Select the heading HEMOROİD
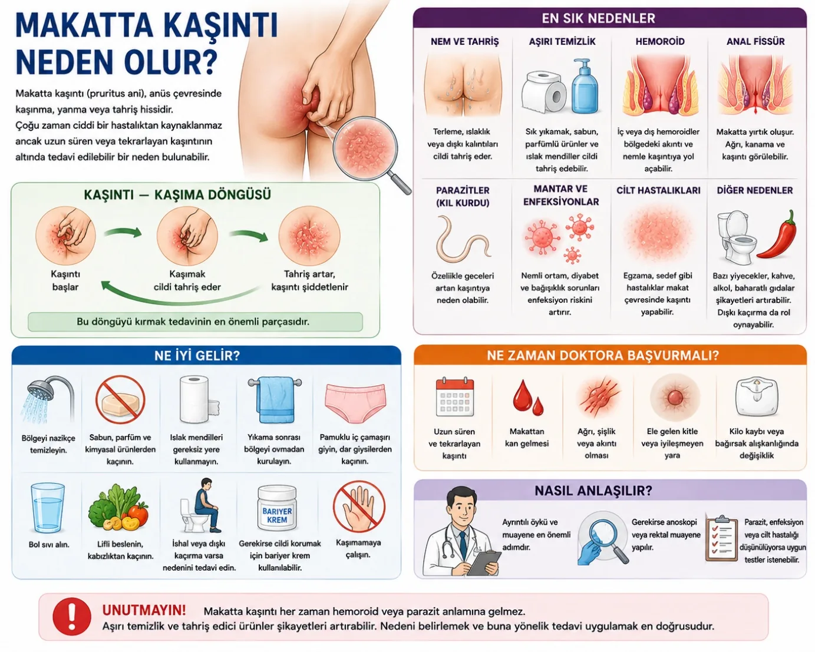pos(660,41)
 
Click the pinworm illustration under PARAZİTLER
pos(463,239)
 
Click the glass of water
pos(47,508)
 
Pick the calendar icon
pos(454,397)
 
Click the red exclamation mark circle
pos(71,617)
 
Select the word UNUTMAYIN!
pos(144,610)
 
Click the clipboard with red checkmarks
pos(722,538)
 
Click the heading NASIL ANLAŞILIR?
pos(593,491)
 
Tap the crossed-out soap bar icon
pos(120,400)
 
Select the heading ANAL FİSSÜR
pos(755,41)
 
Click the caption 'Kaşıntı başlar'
pos(65,280)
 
